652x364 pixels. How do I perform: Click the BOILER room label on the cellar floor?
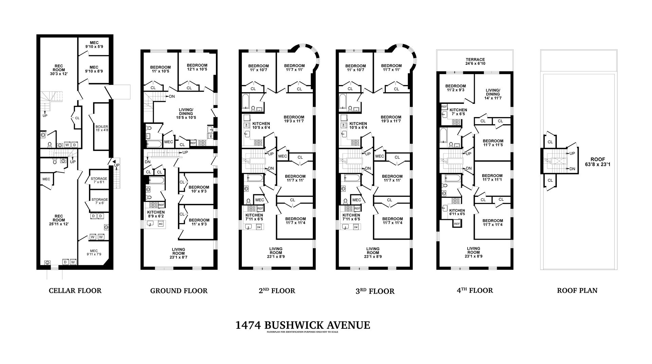[x=102, y=128]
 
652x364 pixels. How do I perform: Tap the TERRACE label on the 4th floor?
[x=475, y=61]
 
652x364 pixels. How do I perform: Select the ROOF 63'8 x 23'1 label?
[x=598, y=162]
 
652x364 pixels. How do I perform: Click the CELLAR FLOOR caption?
[x=75, y=291]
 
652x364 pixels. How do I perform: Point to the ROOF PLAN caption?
[x=577, y=291]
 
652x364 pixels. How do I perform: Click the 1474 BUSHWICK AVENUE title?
[x=303, y=325]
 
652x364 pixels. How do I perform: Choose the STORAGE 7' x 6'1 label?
[x=99, y=180]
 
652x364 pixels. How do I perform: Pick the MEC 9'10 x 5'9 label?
[x=94, y=45]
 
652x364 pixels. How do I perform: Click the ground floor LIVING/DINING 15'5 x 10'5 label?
[x=186, y=113]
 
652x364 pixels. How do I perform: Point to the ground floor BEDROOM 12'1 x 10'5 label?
[x=197, y=67]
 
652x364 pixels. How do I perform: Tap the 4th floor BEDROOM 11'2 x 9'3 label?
[x=455, y=88]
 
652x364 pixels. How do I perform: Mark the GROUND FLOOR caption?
[x=179, y=291]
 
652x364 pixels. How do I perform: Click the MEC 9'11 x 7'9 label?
[x=94, y=252]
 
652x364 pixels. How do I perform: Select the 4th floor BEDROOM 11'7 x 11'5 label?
[x=493, y=143]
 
